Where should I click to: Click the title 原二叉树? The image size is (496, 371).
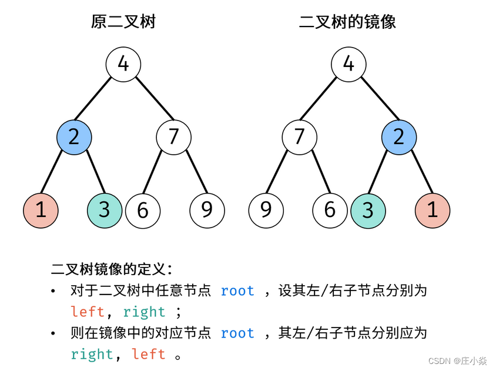point(123,22)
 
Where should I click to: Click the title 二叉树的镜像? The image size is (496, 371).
point(347,22)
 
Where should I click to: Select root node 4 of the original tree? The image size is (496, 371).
point(123,63)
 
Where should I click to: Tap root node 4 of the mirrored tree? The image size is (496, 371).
point(348,63)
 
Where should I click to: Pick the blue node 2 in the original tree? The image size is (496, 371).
point(74,137)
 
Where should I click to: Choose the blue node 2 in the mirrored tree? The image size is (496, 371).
point(399,137)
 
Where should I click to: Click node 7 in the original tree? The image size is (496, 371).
point(173,137)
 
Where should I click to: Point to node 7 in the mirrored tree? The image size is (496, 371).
point(300,137)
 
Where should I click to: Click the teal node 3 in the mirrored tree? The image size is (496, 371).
point(368,210)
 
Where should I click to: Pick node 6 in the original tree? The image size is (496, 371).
point(143,210)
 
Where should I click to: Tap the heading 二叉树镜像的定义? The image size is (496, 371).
point(112,269)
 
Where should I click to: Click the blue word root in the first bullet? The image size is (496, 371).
point(237,291)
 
